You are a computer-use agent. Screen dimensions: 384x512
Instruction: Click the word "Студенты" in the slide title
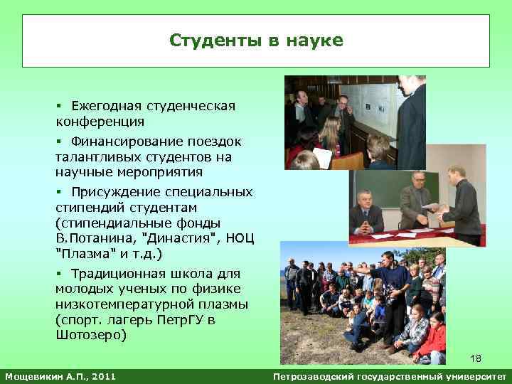point(215,41)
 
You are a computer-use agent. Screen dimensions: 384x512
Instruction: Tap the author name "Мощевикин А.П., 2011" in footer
point(60,375)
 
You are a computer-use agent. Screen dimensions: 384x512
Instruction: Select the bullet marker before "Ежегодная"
point(59,106)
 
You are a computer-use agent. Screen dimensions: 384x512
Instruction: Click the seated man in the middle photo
point(368,213)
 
